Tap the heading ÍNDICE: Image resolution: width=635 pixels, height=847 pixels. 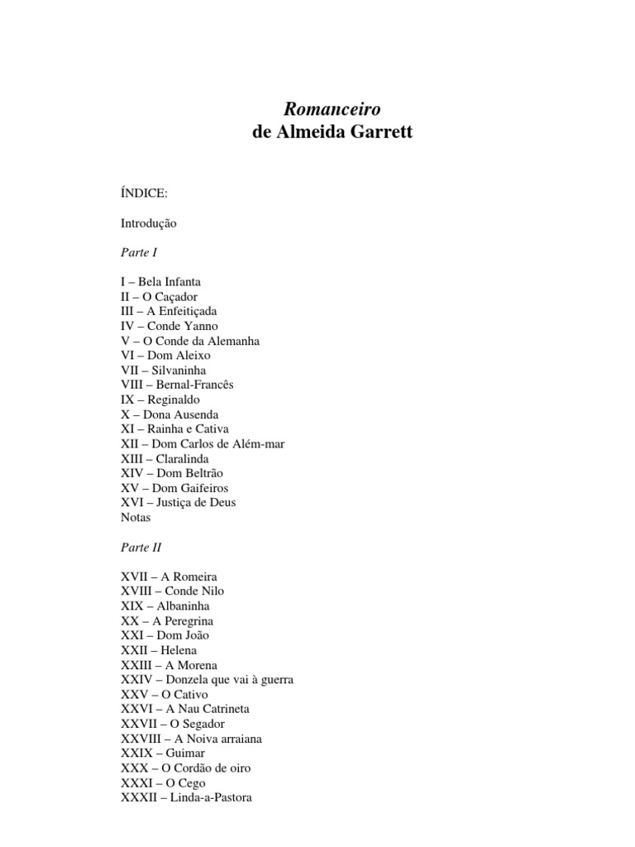click(144, 193)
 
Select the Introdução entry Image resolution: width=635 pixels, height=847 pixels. click(148, 223)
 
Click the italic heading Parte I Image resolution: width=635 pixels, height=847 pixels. click(138, 252)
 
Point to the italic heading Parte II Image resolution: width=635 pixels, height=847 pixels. click(141, 547)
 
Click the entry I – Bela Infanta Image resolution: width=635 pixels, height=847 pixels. click(160, 282)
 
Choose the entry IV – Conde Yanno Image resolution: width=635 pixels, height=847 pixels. click(169, 326)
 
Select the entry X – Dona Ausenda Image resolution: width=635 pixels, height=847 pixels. click(169, 414)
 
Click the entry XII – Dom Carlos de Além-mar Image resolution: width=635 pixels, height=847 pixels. click(203, 444)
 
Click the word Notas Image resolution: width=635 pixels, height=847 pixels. click(136, 518)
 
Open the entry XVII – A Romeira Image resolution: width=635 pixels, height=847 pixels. click(169, 577)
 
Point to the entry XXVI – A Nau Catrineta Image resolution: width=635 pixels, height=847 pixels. click(184, 709)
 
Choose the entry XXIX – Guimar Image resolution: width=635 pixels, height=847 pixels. click(162, 754)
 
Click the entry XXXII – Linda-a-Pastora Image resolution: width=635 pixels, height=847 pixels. click(186, 797)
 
